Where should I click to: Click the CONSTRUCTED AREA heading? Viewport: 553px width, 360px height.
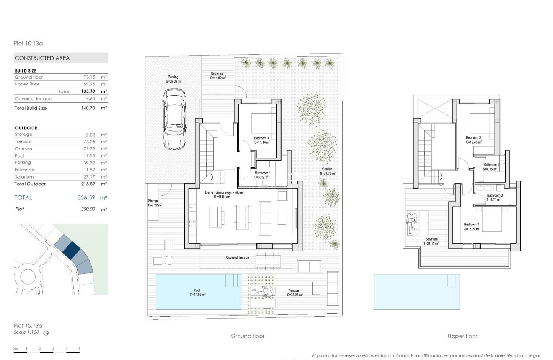coord(42,58)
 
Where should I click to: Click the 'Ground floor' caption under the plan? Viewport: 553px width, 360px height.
coord(247,336)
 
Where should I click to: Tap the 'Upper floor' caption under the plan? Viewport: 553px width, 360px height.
coord(462,336)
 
